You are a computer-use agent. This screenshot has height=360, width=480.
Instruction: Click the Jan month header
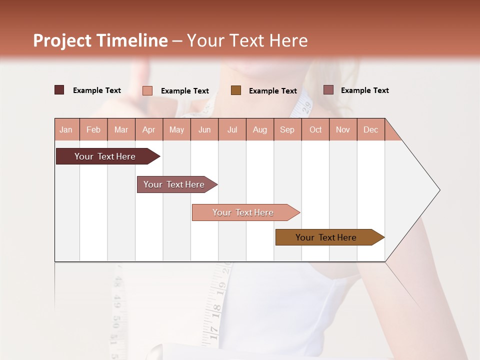tap(66, 129)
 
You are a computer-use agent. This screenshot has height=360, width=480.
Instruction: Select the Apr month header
tap(148, 129)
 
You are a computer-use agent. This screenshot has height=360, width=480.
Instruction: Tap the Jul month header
tap(232, 129)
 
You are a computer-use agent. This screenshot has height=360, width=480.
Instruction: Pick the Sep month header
tap(287, 129)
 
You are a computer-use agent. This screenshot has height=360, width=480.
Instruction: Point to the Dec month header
tap(370, 129)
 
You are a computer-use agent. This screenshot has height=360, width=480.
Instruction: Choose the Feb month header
tap(93, 129)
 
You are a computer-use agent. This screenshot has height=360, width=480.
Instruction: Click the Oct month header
tap(315, 129)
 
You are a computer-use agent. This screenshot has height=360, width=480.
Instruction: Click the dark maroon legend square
tap(59, 90)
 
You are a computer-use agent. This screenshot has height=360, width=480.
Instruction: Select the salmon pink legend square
tap(147, 90)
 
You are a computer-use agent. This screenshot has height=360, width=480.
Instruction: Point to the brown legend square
tap(236, 90)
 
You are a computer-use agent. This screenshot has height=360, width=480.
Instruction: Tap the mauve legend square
tap(328, 90)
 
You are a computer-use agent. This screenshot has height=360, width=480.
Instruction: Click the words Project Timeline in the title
tap(100, 40)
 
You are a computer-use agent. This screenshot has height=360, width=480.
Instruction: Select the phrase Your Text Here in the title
tap(247, 40)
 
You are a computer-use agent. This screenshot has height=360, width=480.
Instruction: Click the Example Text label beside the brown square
tap(272, 91)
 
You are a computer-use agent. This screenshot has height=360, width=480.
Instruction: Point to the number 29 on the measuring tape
tap(306, 106)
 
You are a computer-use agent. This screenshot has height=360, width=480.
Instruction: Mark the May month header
tap(176, 129)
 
